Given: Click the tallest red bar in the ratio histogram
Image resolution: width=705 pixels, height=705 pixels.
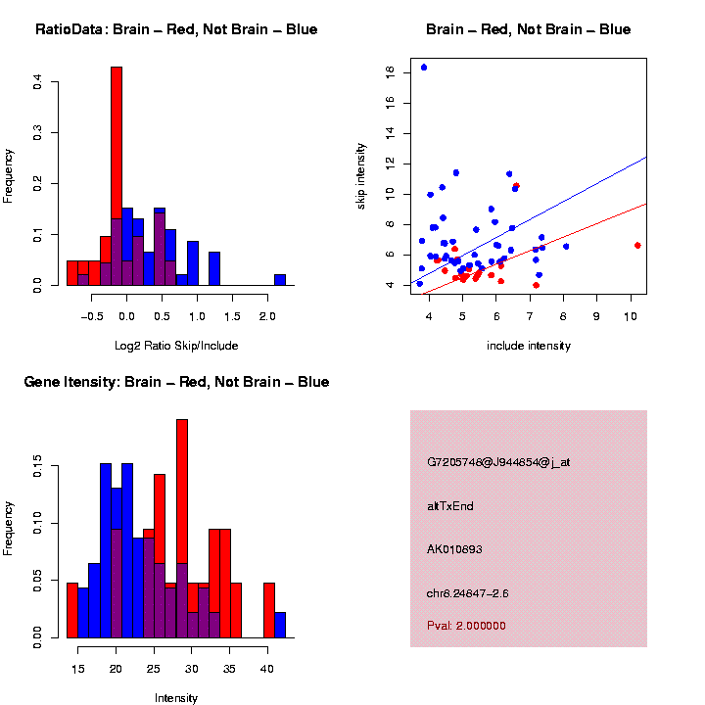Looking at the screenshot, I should (117, 176).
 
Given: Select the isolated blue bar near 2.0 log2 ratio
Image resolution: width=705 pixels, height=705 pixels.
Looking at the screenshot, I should (280, 279).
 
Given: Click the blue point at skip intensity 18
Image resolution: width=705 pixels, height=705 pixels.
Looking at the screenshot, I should (423, 68).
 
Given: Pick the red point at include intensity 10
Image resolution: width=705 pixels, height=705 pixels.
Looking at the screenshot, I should (637, 245).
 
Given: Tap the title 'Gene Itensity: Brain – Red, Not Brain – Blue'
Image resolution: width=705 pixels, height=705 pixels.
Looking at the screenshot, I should (176, 382).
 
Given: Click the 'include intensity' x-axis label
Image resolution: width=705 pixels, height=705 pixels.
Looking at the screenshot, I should (529, 346).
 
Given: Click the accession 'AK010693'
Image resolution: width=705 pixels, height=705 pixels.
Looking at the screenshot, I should (455, 549).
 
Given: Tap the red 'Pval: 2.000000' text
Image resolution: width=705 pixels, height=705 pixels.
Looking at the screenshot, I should (466, 626).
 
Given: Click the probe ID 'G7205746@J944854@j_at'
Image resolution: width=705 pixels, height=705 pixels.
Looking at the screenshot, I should (498, 462).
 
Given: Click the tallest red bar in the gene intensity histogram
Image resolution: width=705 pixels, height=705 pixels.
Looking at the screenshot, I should (181, 529).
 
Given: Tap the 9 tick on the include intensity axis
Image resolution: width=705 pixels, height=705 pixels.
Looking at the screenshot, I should (596, 317).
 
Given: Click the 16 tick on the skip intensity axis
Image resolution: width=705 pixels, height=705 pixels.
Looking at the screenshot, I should (390, 102).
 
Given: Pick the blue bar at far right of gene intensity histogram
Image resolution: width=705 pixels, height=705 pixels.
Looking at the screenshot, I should (280, 625).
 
